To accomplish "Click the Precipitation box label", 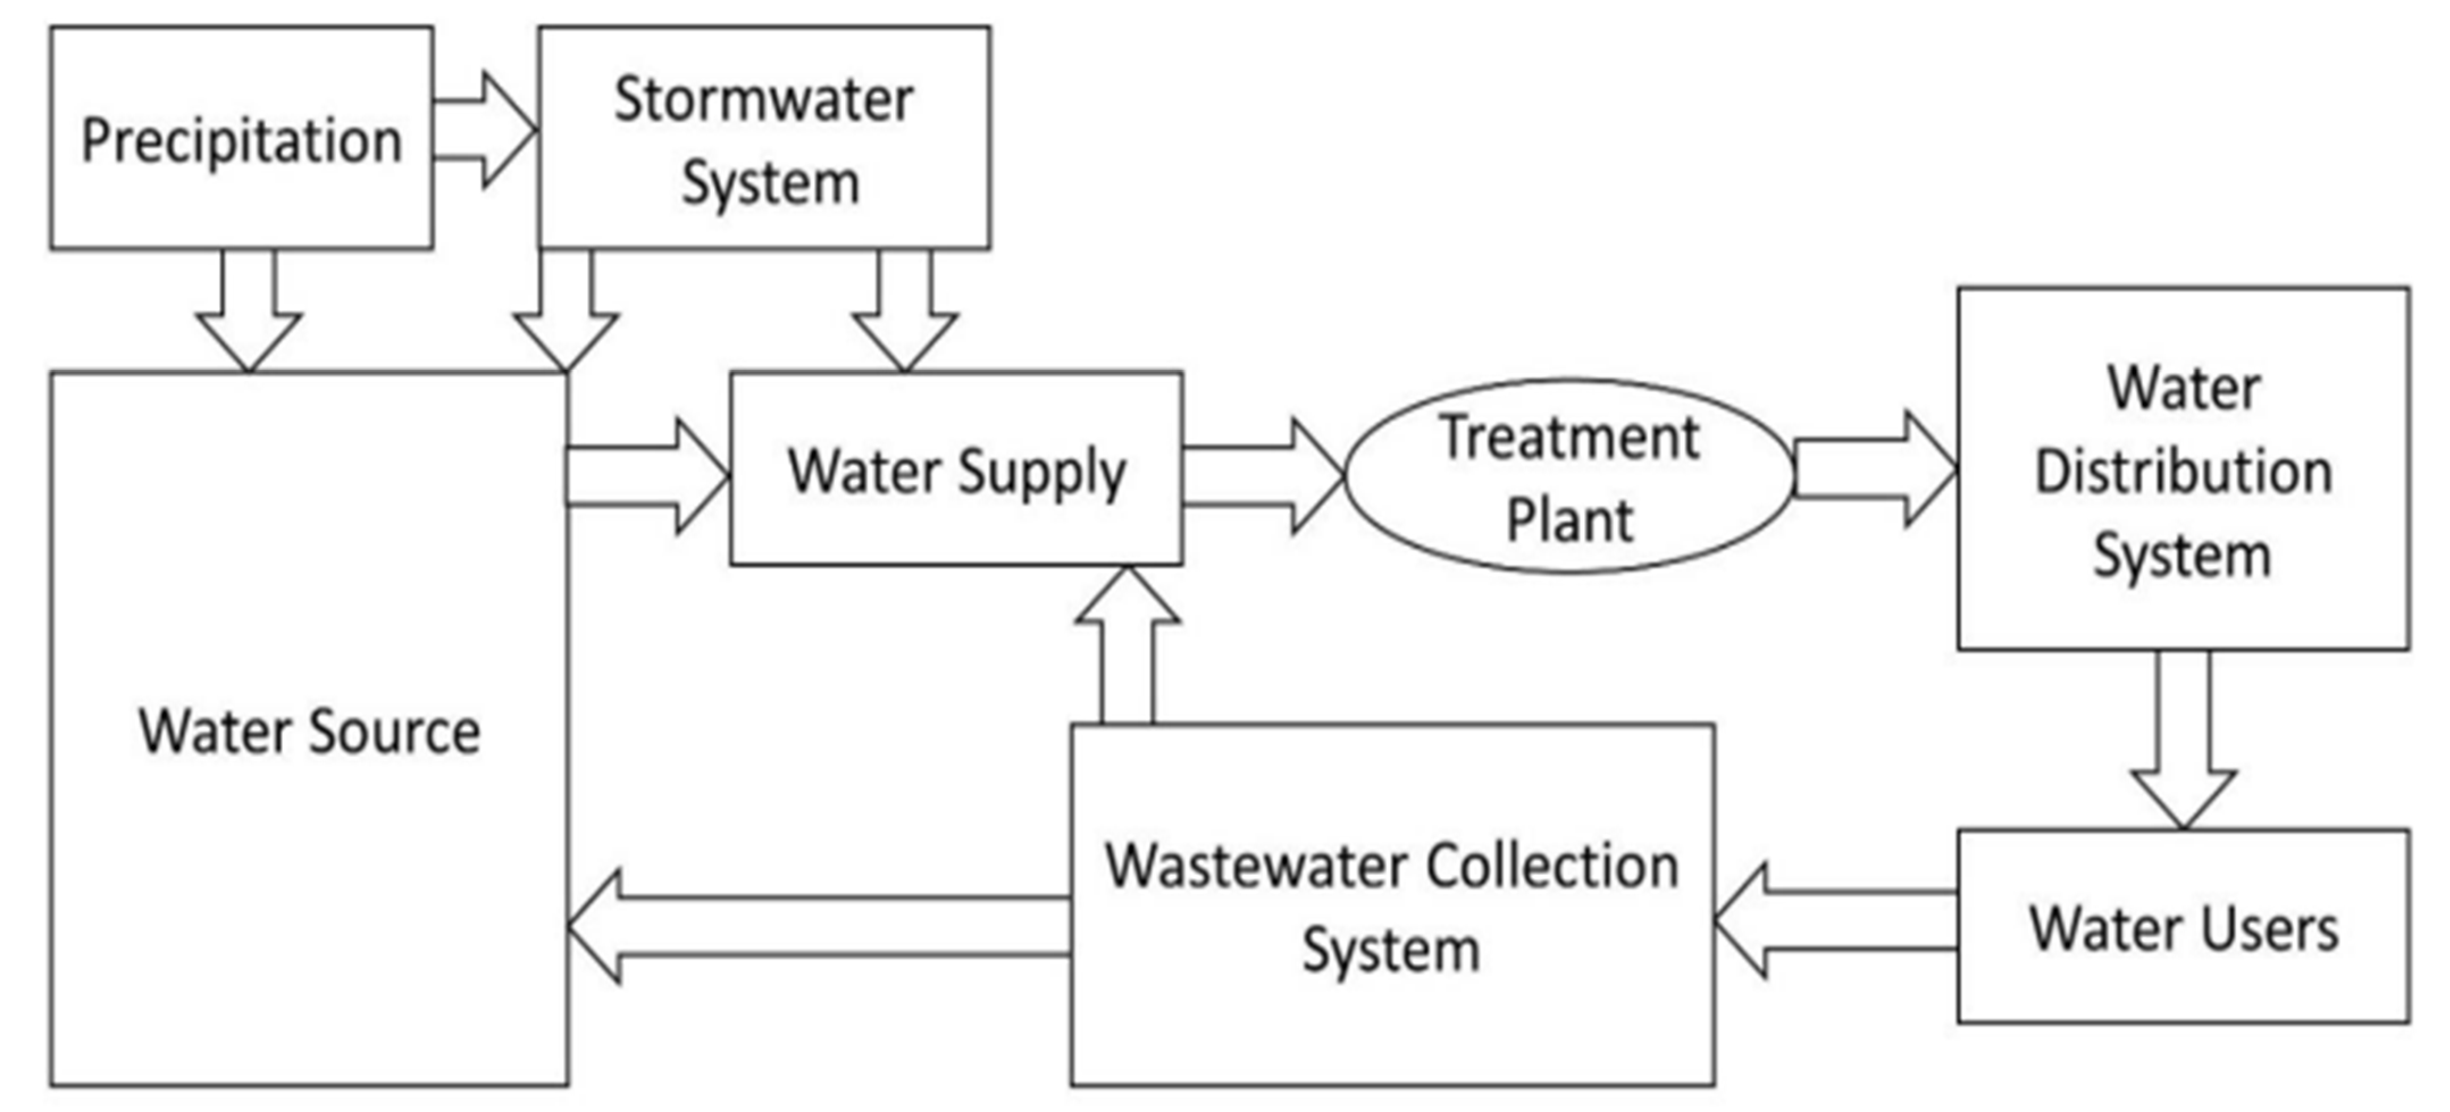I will (x=241, y=141).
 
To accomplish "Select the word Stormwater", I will (x=764, y=100).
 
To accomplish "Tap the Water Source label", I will (x=309, y=732).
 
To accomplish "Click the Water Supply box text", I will (x=956, y=472).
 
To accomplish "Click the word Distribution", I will (x=2183, y=472).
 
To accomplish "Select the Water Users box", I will (x=2183, y=928).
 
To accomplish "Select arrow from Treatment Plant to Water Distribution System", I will (x=1874, y=469).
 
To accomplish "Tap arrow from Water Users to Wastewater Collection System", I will (x=1836, y=921).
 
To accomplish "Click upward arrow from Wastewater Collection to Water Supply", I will (x=1127, y=647).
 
